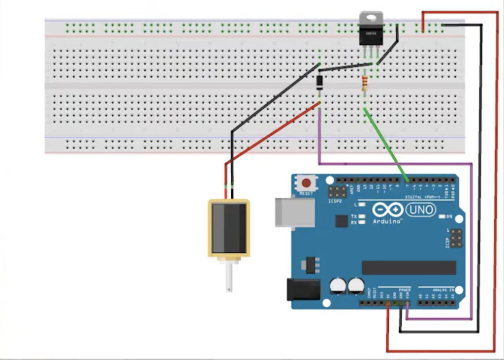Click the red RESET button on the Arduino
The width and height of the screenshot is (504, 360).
[x=306, y=183]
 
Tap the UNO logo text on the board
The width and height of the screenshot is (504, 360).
[x=421, y=210]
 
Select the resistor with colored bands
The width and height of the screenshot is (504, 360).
[x=365, y=84]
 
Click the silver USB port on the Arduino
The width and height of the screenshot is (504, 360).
[x=295, y=213]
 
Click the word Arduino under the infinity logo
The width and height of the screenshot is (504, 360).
[x=388, y=222]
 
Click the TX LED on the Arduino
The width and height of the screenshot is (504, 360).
[x=362, y=216]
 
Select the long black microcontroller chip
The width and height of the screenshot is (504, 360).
[x=409, y=268]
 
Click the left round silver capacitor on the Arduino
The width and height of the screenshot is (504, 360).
[x=337, y=285]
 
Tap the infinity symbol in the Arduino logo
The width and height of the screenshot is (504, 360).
[x=388, y=210]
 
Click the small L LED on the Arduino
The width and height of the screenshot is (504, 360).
[x=362, y=204]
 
